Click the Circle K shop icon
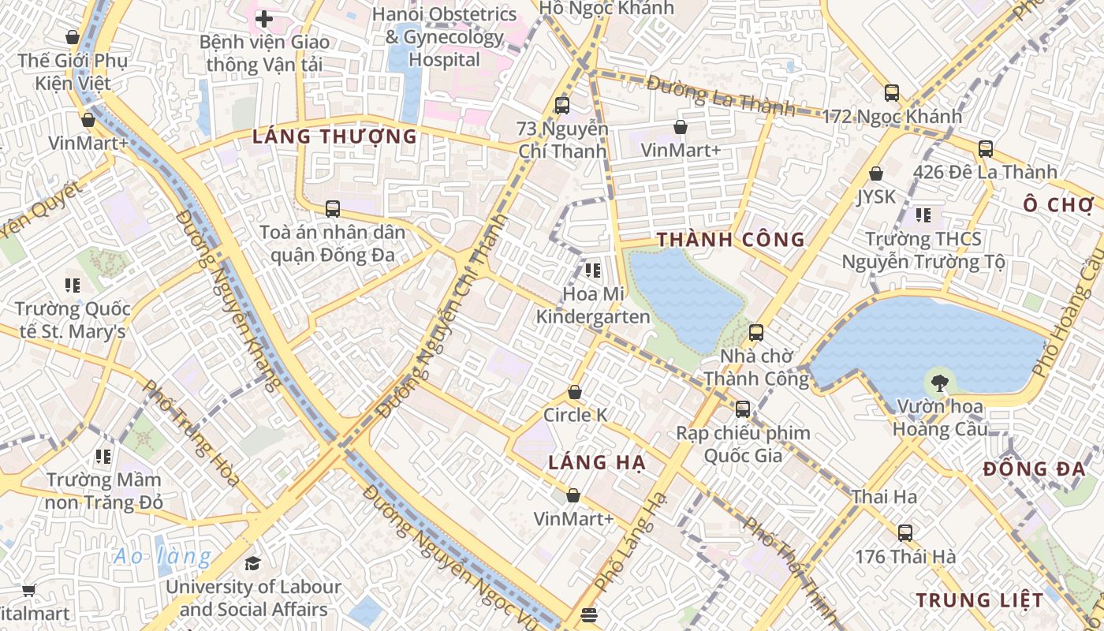[575, 392]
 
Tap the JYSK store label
[876, 196]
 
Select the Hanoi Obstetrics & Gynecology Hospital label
[445, 37]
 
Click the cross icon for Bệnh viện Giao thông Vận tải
[264, 19]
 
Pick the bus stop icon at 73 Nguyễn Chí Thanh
[561, 105]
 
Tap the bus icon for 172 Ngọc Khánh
[892, 93]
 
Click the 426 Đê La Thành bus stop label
[985, 172]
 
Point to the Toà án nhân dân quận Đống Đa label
[332, 244]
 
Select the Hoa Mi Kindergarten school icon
[593, 271]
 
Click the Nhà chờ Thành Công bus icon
[756, 333]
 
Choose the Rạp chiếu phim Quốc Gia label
[743, 444]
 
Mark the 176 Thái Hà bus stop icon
[905, 532]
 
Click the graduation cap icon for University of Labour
[252, 563]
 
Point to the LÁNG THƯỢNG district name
[334, 136]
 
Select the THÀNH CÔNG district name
[731, 240]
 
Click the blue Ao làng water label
[162, 557]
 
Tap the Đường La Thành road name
[721, 95]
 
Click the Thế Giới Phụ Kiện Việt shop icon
[73, 37]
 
